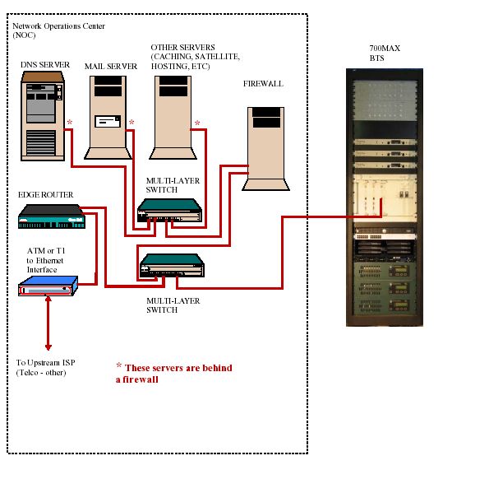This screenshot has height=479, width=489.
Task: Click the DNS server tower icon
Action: click(43, 116)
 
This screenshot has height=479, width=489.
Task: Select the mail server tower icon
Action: click(108, 118)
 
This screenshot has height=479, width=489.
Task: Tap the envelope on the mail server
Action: click(108, 121)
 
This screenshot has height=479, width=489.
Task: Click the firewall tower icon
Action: click(265, 149)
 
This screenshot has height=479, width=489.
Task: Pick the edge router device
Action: click(52, 216)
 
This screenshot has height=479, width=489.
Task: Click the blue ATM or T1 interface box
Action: click(48, 286)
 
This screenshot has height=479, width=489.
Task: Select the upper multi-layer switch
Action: click(170, 211)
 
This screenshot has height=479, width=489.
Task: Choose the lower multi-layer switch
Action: click(172, 265)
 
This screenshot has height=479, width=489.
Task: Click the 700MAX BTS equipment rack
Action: click(385, 198)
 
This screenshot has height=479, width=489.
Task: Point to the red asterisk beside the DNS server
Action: click(70, 122)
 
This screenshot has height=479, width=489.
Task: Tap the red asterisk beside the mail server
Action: click(131, 122)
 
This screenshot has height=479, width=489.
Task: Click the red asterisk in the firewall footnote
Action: click(119, 365)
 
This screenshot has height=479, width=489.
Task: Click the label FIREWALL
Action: click(263, 84)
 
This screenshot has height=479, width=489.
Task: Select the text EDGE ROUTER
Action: click(45, 195)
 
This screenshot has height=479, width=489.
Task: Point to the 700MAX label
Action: click(385, 49)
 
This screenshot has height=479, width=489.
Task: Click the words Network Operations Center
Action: click(58, 26)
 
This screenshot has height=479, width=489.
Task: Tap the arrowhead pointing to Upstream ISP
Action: click(48, 347)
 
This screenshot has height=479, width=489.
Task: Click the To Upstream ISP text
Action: click(45, 363)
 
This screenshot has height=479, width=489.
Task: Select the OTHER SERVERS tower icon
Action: click(173, 118)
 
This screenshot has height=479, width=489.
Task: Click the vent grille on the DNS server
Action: click(41, 142)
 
